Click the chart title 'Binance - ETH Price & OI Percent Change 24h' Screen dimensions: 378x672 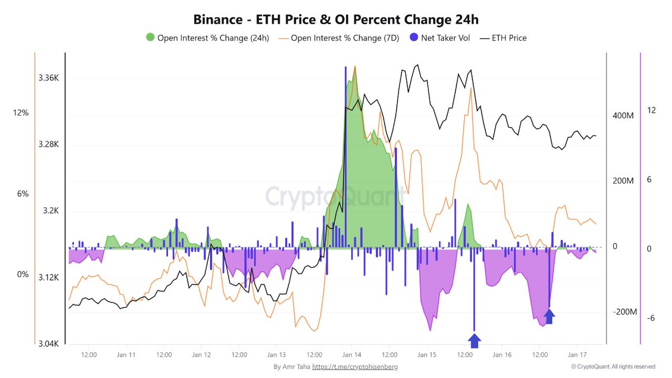pos(336,20)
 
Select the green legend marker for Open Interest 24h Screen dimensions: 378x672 pos(150,38)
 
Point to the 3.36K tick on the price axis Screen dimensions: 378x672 pos(48,78)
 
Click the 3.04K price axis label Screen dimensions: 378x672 pos(48,344)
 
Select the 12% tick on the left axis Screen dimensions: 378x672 pos(21,113)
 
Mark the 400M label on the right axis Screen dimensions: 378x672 pos(623,116)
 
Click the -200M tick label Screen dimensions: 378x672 pos(623,312)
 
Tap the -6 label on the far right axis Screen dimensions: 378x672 pos(651,318)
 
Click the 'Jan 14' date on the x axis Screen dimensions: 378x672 pos(352,354)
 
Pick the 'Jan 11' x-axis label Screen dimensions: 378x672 pos(126,354)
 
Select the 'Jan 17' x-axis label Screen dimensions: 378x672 pos(577,354)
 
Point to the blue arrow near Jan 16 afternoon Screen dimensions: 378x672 pos(549,316)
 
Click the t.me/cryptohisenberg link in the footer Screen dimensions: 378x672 pos(355,367)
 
